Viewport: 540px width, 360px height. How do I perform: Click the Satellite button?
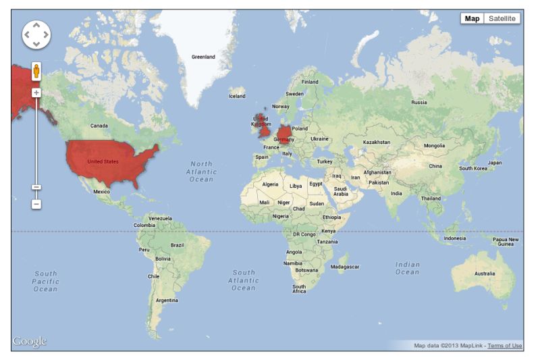(502, 19)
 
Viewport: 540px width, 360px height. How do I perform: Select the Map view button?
(472, 19)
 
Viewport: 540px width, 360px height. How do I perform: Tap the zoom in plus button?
(36, 93)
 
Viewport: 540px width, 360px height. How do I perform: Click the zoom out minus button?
(36, 203)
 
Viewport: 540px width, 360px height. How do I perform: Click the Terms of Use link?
(505, 346)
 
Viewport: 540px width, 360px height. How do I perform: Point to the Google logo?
(30, 342)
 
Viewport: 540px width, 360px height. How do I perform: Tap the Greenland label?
(203, 57)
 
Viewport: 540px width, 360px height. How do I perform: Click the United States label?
(103, 161)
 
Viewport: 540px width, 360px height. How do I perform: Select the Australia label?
(485, 274)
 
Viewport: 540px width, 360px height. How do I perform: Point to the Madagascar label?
(345, 267)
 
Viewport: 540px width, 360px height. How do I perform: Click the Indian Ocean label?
(407, 268)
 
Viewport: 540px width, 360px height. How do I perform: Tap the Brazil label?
(178, 245)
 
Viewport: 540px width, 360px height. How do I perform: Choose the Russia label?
(419, 103)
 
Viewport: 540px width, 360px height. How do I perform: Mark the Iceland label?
(237, 96)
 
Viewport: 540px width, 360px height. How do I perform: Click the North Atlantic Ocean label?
(201, 172)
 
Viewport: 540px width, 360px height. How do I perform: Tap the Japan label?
(495, 163)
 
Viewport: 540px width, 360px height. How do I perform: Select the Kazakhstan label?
(377, 143)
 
